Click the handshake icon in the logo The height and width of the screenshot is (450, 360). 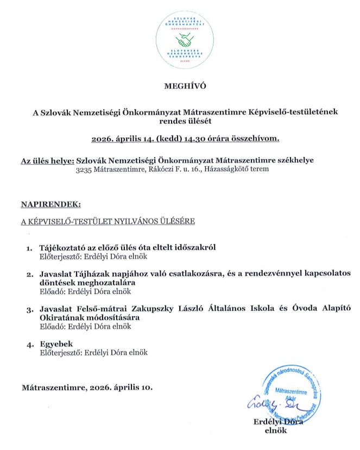(x=186, y=40)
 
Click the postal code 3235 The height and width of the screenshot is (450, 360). (x=85, y=169)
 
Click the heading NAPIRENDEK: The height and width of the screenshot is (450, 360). (x=50, y=204)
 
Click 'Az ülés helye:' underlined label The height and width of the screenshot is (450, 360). (x=47, y=160)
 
